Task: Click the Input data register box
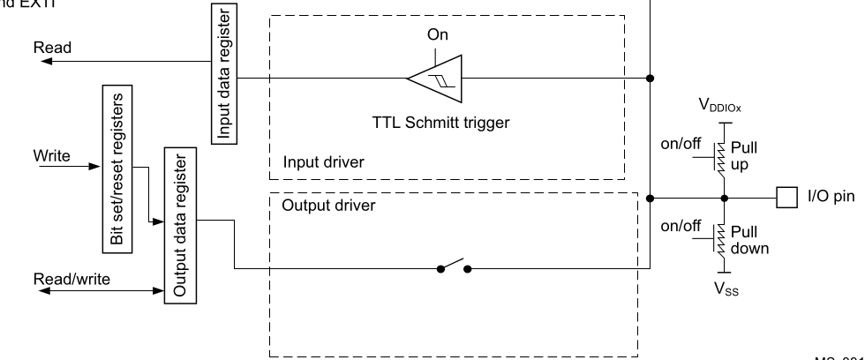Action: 223,71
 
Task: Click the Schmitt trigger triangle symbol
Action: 436,78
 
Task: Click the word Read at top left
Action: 46,48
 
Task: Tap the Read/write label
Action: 72,279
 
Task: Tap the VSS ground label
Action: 722,289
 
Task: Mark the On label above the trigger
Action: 437,37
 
